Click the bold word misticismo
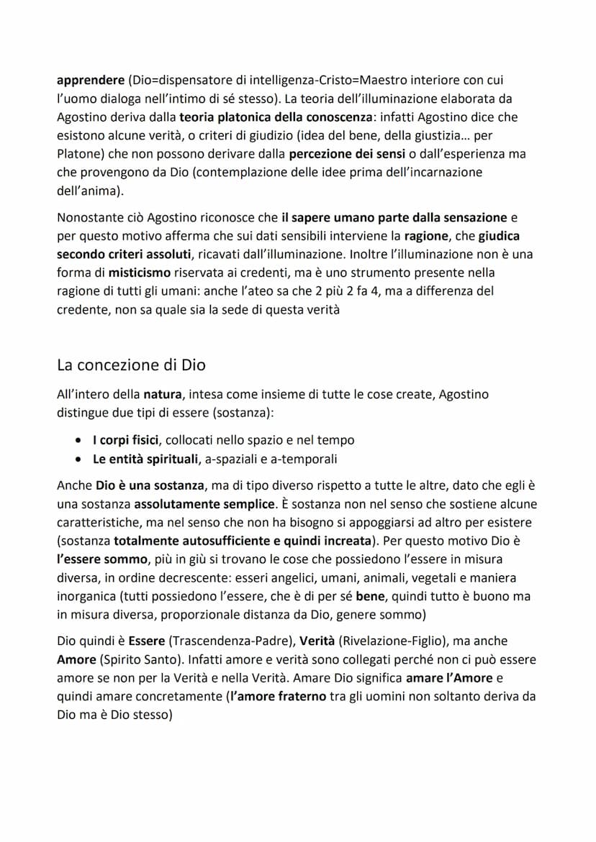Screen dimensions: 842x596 click(139, 273)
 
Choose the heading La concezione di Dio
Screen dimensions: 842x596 click(131, 365)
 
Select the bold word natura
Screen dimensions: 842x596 click(163, 394)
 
